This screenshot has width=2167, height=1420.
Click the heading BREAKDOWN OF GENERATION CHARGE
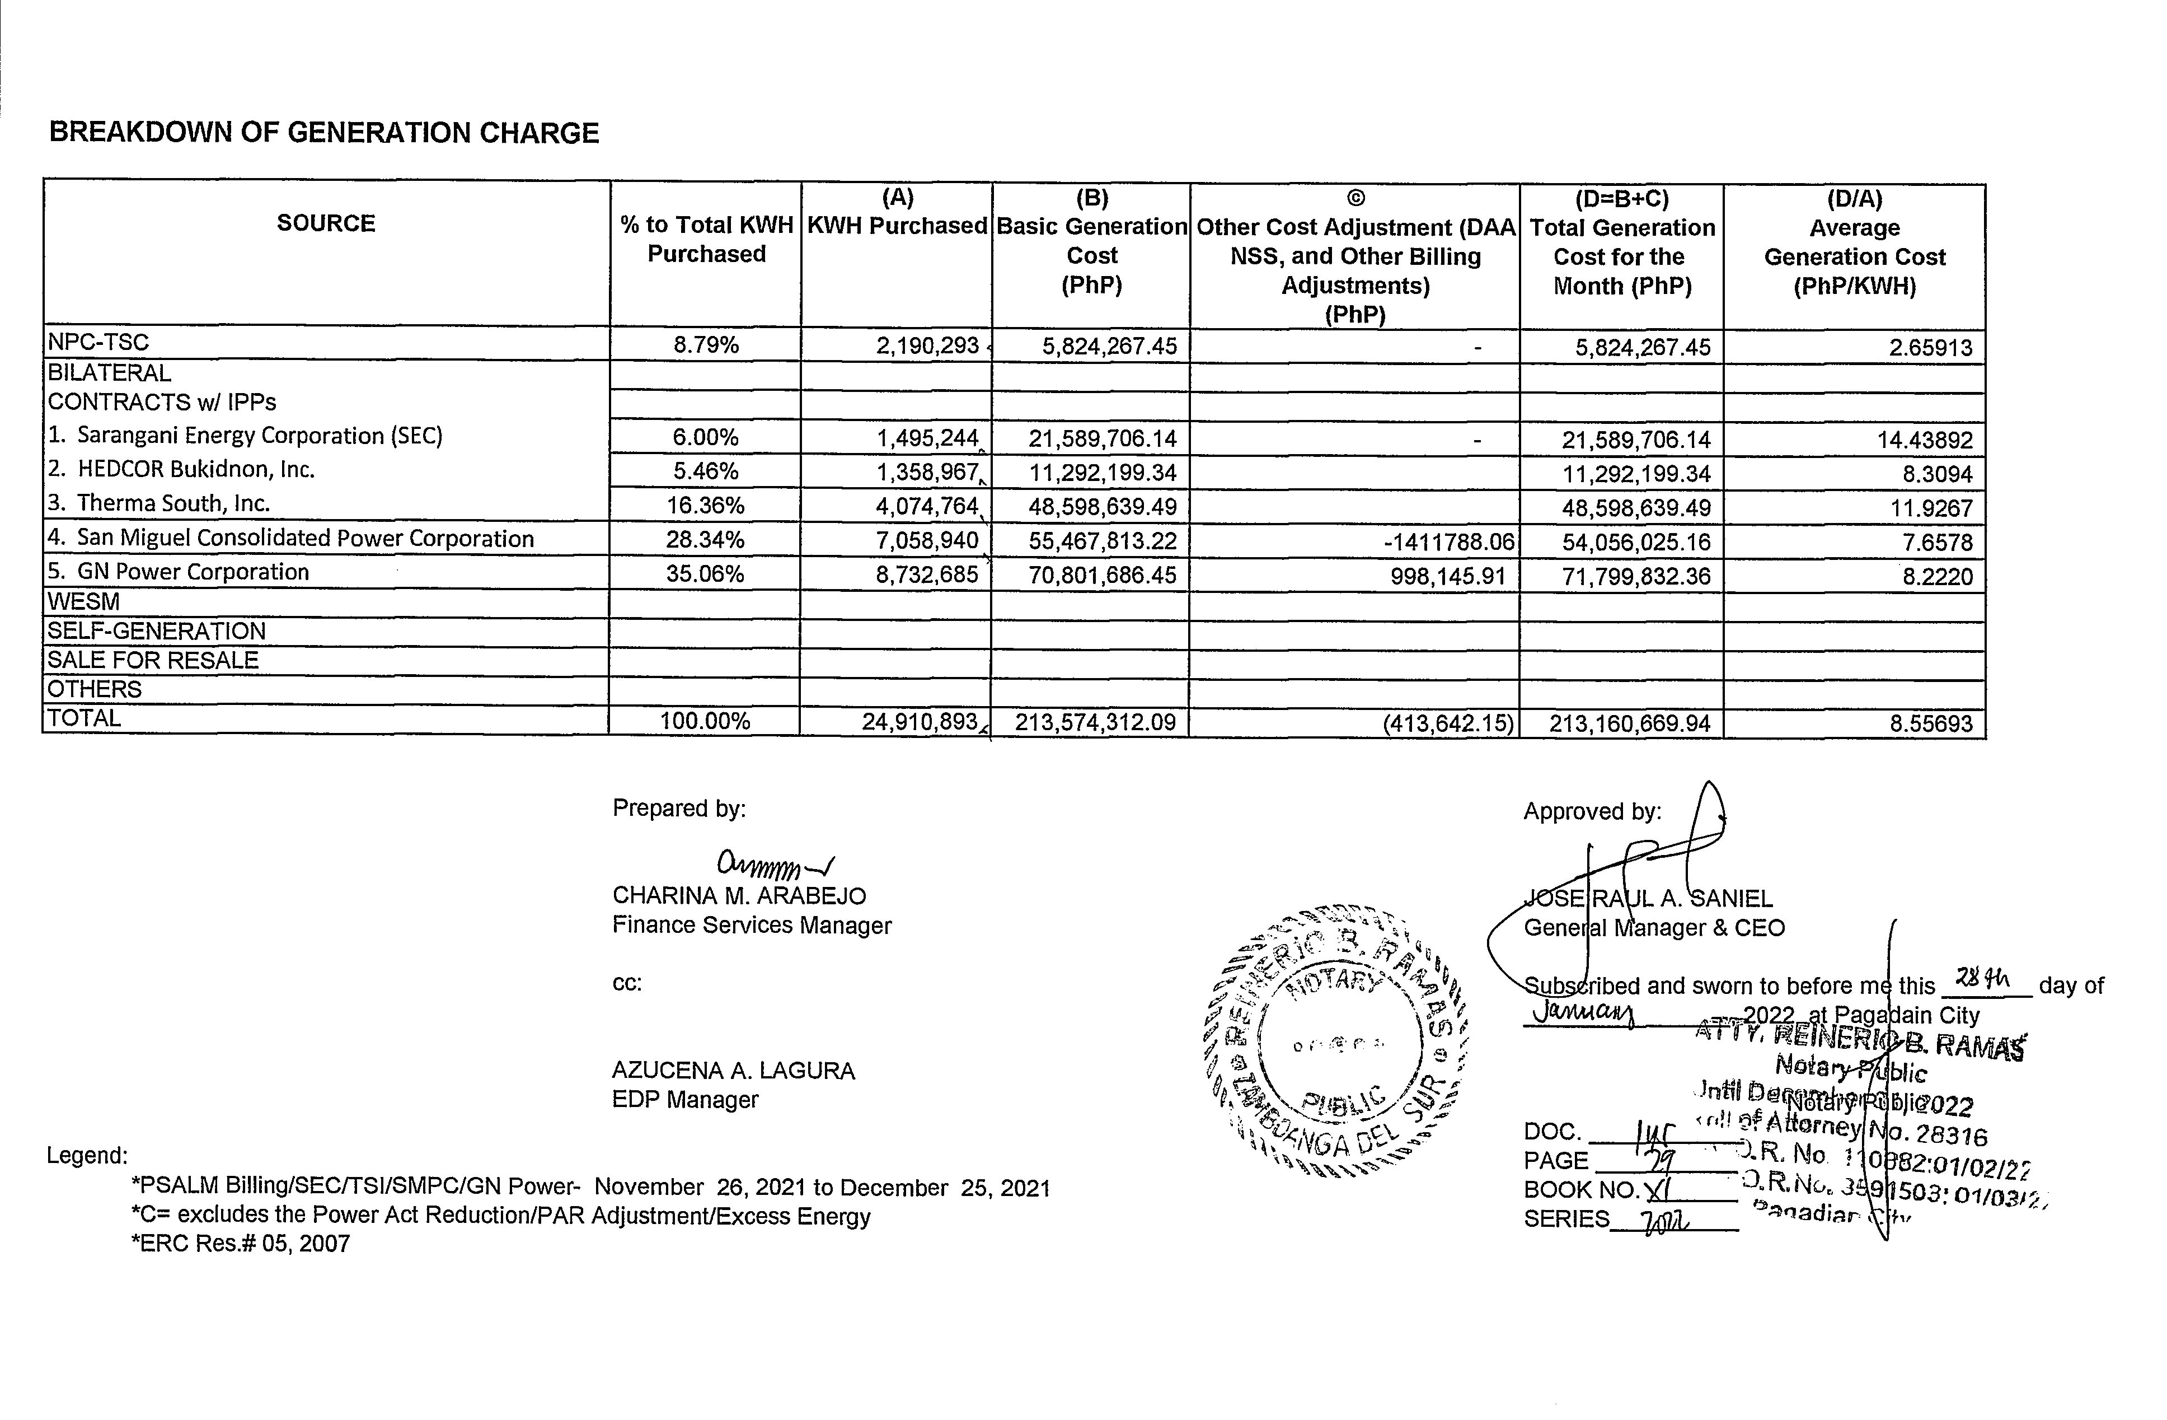coord(324,133)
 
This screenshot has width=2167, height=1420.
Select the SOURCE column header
coord(326,223)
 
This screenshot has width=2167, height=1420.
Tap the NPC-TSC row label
coord(98,343)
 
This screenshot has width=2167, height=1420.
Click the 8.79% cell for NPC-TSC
coord(706,345)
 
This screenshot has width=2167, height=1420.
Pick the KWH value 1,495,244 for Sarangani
coord(927,438)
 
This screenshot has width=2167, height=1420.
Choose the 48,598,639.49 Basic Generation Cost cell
coord(1102,506)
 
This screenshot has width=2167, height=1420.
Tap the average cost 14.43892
coord(1924,441)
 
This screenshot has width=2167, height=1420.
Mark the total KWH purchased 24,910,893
coord(920,722)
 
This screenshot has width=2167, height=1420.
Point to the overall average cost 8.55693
coord(1930,724)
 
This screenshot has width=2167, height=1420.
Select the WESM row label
coord(84,602)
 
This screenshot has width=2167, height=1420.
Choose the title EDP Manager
coord(684,1100)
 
